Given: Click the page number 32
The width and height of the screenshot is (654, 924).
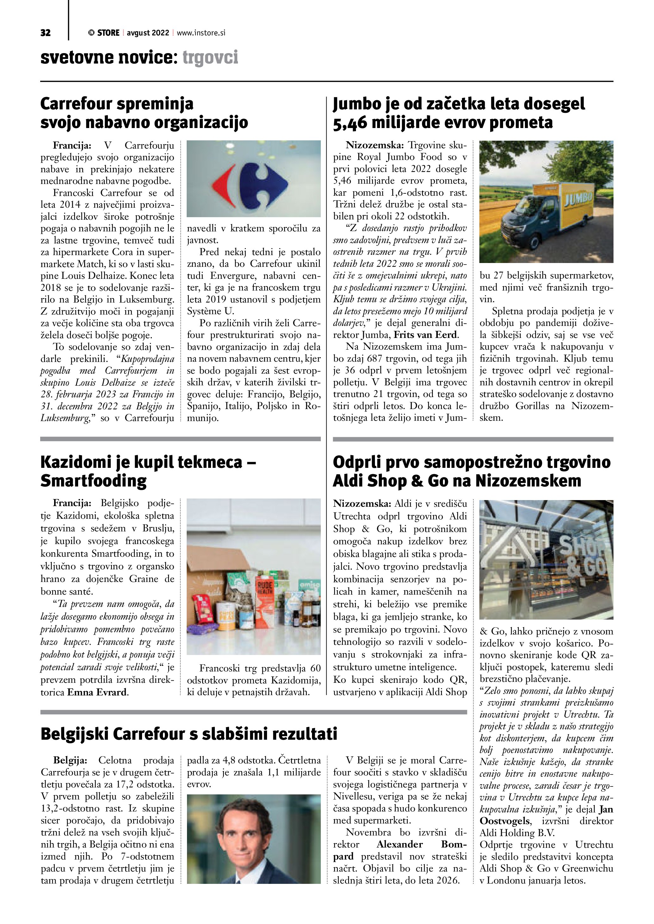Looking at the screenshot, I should point(46,33).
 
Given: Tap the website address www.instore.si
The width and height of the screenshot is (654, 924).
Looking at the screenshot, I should point(201,33).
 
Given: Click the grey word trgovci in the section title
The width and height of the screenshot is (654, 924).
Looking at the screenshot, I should point(210,57).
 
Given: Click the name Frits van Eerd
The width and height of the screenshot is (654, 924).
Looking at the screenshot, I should point(425,335).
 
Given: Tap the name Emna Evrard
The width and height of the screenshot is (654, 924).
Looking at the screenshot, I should point(97,692).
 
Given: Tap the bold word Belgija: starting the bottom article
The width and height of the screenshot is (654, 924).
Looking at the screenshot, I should point(70,760).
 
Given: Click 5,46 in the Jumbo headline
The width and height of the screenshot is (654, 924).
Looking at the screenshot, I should point(350,123).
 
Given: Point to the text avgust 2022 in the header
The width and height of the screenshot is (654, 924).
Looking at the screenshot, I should point(148,33).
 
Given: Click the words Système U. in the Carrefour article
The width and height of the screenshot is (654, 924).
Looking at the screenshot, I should point(210,311).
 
